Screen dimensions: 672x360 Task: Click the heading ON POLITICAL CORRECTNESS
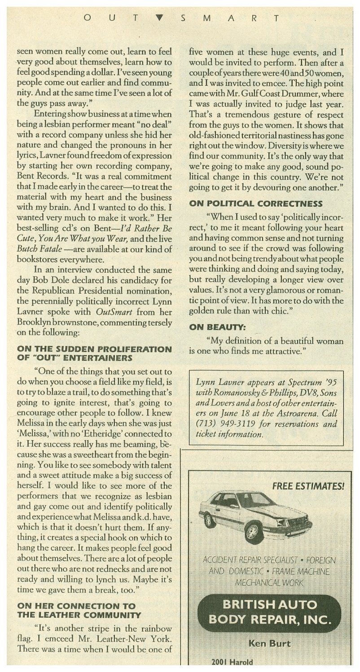point(256,203)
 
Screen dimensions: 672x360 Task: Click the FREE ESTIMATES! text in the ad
point(308,486)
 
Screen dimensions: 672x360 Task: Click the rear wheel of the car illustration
point(209,520)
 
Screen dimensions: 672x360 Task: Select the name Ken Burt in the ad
point(269,644)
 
